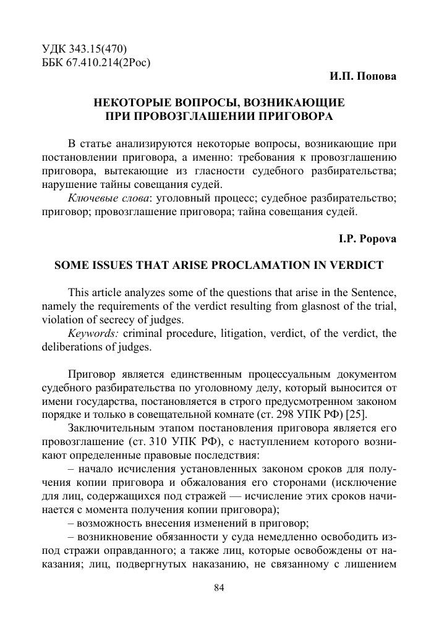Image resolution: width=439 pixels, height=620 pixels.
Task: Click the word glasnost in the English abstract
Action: [x=300, y=307]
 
